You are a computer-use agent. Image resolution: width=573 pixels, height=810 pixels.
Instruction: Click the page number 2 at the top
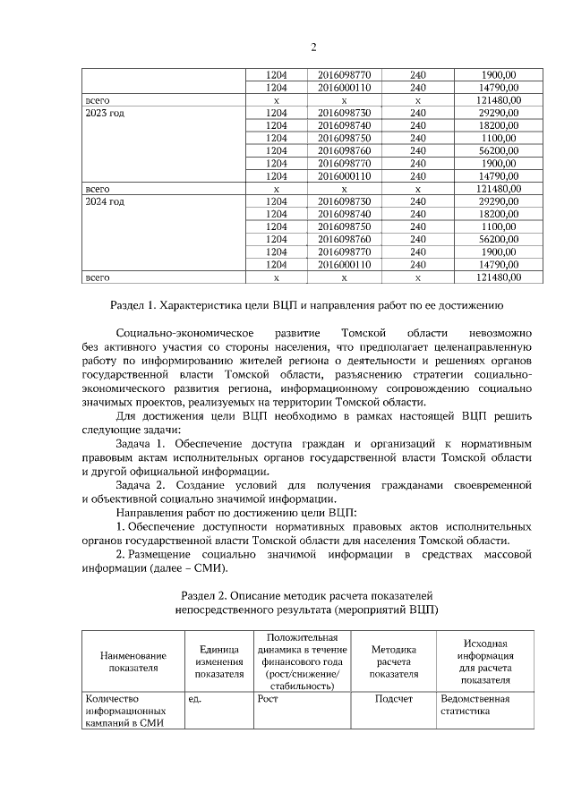tap(313, 47)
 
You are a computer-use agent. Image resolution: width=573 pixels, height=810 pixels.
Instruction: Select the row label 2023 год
tap(104, 115)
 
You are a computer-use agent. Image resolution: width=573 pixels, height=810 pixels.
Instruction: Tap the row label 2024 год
tap(104, 202)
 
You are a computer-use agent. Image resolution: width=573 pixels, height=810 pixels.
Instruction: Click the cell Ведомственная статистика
tap(475, 705)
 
